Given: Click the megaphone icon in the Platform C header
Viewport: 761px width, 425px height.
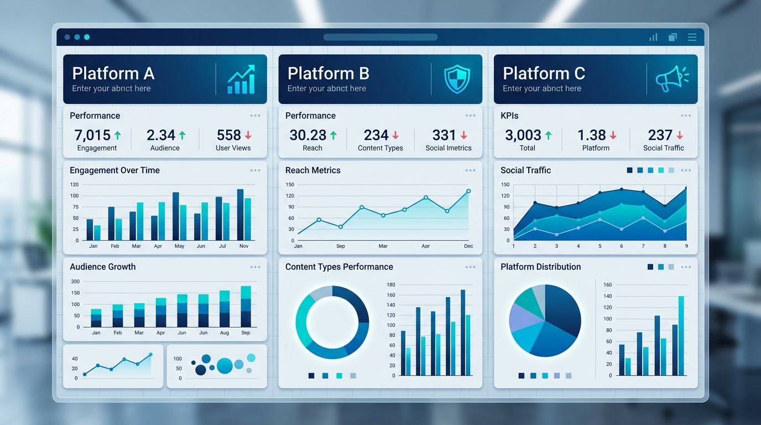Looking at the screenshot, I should (672, 79).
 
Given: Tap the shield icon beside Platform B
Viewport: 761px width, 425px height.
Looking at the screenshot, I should (457, 79).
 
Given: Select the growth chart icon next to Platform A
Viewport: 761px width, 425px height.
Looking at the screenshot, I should (241, 79).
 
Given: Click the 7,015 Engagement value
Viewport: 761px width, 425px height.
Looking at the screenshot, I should (92, 135).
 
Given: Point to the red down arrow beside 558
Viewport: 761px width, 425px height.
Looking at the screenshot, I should (248, 135).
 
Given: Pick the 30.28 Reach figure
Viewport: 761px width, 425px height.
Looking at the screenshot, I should (307, 135).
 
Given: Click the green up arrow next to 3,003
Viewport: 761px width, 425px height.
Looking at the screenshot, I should (548, 135).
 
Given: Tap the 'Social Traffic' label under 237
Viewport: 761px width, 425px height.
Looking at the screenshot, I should (663, 148).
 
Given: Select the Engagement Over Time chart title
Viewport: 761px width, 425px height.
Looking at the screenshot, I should (114, 170).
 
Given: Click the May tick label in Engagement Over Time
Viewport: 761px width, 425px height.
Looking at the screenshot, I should (179, 246).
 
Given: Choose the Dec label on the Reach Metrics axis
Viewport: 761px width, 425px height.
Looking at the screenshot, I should (468, 246).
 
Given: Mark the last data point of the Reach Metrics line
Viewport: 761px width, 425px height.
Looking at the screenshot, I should (468, 191).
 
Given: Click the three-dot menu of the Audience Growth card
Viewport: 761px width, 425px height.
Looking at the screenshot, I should (255, 267).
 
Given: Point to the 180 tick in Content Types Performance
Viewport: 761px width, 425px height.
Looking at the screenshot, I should (391, 285).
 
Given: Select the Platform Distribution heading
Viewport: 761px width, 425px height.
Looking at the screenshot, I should (540, 267).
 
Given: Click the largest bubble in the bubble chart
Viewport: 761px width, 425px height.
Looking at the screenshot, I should (225, 365).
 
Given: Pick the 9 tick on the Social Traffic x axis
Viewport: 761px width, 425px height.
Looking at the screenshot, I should (686, 246).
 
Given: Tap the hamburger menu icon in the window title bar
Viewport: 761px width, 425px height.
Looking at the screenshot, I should (692, 37).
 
